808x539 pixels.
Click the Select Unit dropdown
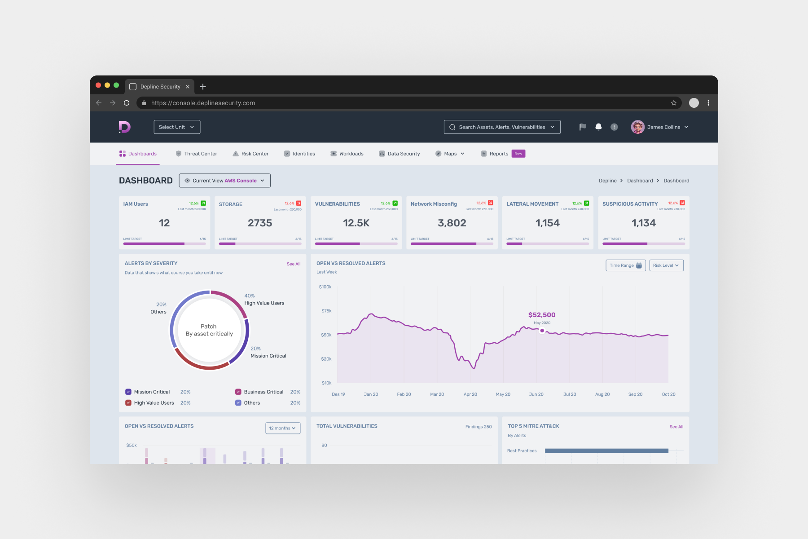click(x=177, y=127)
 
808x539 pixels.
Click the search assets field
click(x=501, y=127)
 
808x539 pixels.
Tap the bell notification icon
click(x=598, y=127)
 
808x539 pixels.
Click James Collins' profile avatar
click(x=637, y=127)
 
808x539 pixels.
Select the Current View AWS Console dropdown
click(x=224, y=181)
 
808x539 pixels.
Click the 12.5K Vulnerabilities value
click(x=356, y=223)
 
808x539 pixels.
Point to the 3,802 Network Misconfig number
click(x=452, y=223)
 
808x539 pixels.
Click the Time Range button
click(x=625, y=265)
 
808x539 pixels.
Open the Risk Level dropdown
click(x=666, y=265)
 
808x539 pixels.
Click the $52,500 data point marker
click(x=542, y=331)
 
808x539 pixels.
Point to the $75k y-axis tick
click(x=326, y=311)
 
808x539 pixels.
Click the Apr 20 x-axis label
click(x=470, y=394)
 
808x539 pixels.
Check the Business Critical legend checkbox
click(x=238, y=392)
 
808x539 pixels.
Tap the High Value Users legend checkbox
click(x=128, y=403)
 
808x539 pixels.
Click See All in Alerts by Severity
click(x=294, y=264)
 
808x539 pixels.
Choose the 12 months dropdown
click(x=282, y=428)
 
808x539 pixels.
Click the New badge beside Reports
click(x=518, y=154)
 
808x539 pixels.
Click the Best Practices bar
click(x=606, y=451)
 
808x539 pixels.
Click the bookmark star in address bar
click(x=673, y=103)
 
